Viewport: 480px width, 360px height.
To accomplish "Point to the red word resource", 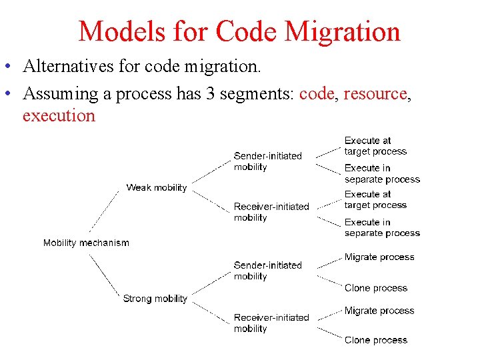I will (375, 94).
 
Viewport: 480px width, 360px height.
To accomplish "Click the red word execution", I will (59, 115).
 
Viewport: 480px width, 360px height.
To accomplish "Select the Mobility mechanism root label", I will (86, 243).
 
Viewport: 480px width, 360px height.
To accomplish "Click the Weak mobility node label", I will (157, 187).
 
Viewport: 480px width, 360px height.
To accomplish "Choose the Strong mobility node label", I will (155, 299).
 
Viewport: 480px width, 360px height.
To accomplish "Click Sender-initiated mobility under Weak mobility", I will (267, 161).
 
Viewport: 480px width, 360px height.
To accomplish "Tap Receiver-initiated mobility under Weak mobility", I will (271, 212).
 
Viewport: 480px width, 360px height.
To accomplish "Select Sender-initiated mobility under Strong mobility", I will (267, 271).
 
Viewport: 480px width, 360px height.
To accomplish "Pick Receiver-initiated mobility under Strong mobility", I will (271, 323).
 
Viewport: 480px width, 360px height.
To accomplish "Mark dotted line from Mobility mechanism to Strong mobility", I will (105, 271).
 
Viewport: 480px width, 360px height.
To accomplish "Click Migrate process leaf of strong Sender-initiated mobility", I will (379, 257).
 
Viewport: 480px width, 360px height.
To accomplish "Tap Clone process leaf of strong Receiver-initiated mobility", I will (376, 340).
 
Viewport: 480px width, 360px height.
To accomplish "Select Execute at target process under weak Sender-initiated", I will (375, 146).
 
